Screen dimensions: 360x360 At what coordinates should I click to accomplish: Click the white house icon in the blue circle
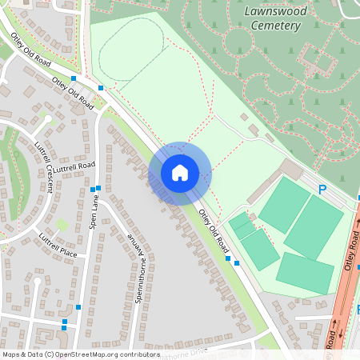click(180, 172)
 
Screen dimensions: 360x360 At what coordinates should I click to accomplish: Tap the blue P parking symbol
click(322, 190)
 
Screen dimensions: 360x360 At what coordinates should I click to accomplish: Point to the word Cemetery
click(274, 26)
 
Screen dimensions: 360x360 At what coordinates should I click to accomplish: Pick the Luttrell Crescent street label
click(43, 167)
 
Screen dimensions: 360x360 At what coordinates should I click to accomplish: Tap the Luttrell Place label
click(58, 246)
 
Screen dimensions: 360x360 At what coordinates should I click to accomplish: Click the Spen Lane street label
click(93, 214)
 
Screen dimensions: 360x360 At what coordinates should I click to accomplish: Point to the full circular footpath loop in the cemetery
click(238, 42)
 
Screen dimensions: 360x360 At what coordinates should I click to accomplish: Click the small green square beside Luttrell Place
click(62, 224)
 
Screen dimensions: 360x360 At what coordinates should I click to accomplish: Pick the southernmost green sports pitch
click(305, 273)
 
